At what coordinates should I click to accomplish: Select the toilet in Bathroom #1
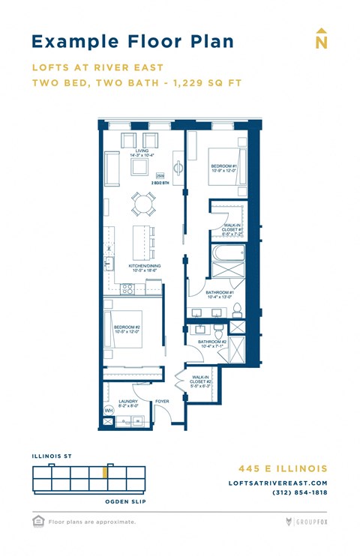(x=237, y=310)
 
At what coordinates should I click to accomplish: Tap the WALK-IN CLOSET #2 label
(x=201, y=381)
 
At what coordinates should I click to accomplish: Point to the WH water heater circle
(x=108, y=410)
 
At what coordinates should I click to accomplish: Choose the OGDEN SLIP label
(x=125, y=501)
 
